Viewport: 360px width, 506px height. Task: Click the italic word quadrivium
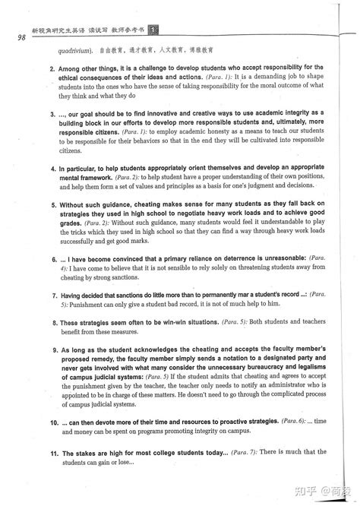pyautogui.click(x=74, y=52)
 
